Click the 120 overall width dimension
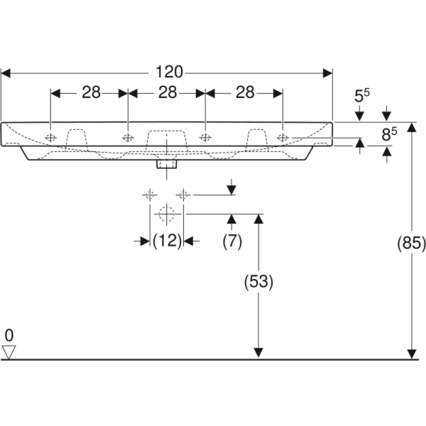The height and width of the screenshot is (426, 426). [x=169, y=72]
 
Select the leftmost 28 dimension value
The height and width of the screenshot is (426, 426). [x=91, y=93]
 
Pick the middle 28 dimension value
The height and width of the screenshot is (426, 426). [x=168, y=93]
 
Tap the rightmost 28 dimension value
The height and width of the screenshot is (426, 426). [x=245, y=93]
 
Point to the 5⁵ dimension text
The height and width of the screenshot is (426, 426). [x=362, y=96]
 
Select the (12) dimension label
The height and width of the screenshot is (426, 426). [x=167, y=241]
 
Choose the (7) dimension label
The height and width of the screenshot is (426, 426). [x=232, y=241]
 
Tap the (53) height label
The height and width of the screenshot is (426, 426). [x=258, y=282]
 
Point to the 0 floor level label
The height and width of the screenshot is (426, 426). [x=9, y=335]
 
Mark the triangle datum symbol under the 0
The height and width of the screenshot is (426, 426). [x=9, y=351]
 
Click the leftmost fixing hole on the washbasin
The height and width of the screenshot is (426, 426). [x=51, y=138]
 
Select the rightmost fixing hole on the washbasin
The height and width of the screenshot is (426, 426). [x=282, y=138]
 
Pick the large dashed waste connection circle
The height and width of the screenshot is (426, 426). [x=167, y=214]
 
